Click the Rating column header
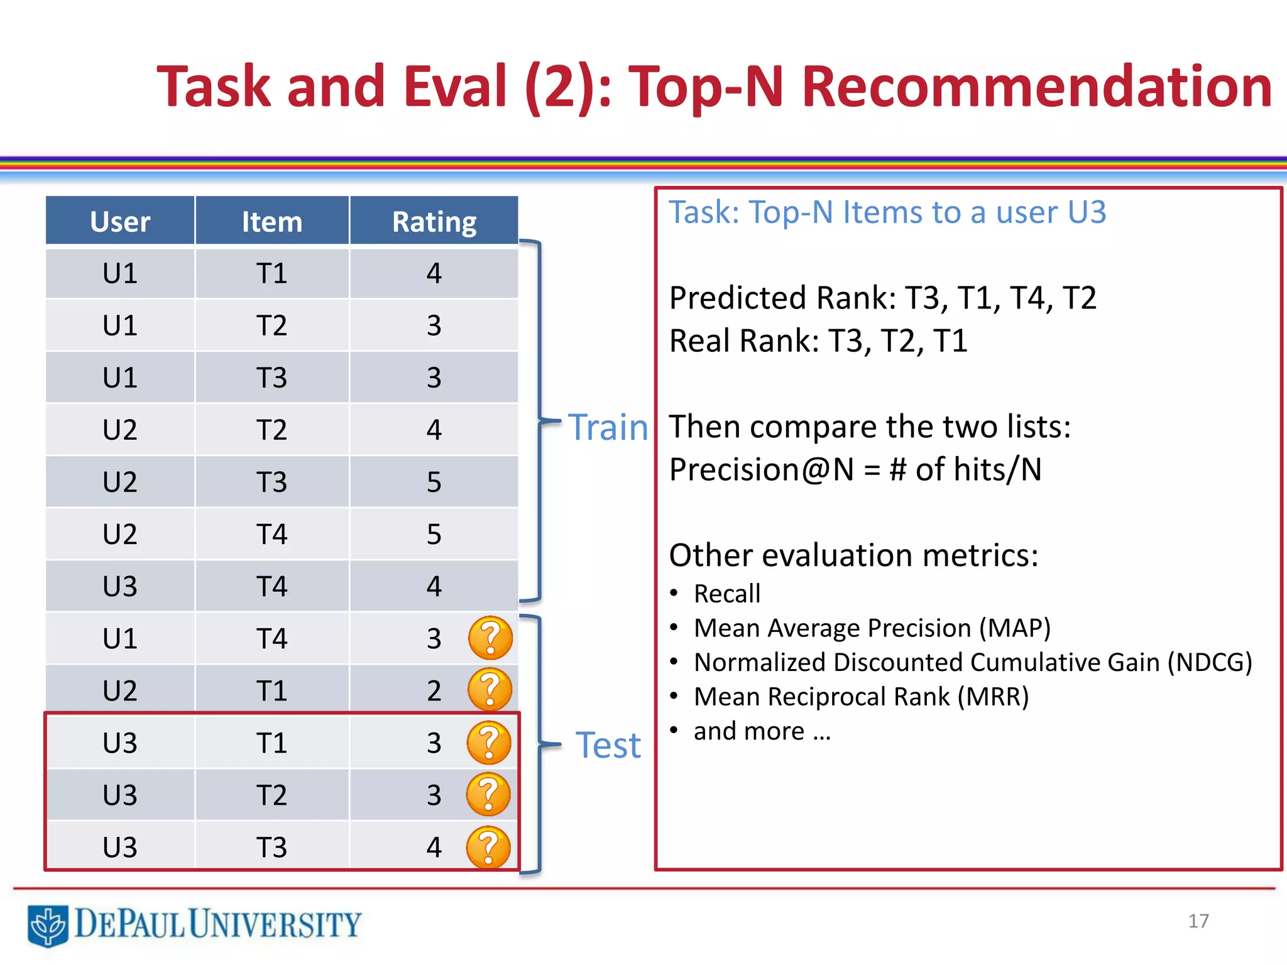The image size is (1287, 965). [434, 221]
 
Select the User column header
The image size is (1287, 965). [120, 221]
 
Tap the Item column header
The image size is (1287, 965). [272, 221]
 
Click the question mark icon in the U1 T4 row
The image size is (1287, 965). [490, 638]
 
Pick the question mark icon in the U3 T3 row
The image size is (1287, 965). [488, 847]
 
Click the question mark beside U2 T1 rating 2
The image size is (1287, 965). [490, 690]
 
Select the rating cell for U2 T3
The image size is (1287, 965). [434, 482]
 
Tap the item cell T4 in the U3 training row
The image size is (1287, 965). [272, 586]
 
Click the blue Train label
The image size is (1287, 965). [608, 428]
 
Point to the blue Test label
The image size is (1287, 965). [608, 746]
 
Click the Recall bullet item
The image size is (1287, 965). [726, 594]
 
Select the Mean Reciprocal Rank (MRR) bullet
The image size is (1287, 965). [861, 697]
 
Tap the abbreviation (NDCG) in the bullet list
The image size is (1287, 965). [1209, 662]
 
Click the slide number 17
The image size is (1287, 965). [1198, 921]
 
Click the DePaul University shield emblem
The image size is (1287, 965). [48, 925]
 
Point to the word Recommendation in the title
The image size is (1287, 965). [1036, 86]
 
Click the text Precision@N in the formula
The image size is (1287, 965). [760, 469]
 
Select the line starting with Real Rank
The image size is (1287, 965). [818, 341]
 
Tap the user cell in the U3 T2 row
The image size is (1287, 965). [120, 795]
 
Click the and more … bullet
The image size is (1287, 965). [762, 731]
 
